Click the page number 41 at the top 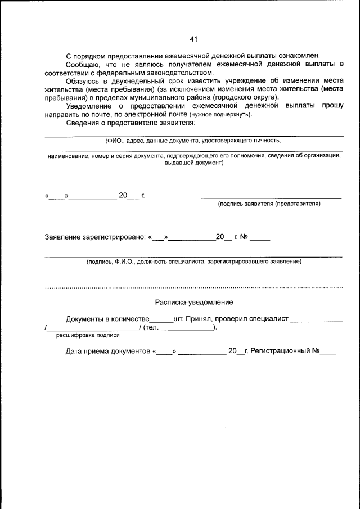click(x=193, y=39)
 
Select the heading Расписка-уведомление click(x=193, y=303)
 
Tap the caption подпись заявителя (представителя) click(x=269, y=204)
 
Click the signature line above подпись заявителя click(x=269, y=198)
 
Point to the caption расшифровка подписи click(x=87, y=335)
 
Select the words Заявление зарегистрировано click(x=96, y=237)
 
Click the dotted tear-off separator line click(x=193, y=287)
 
